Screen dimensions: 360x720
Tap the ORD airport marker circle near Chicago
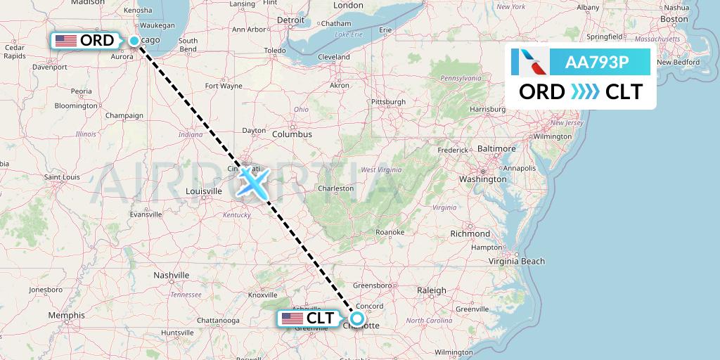[x=134, y=41]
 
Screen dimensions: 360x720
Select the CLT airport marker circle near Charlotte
[x=357, y=319]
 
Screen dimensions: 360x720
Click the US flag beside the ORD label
[x=65, y=41]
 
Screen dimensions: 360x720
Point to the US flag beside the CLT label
[x=292, y=319]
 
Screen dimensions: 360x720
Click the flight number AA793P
[x=597, y=62]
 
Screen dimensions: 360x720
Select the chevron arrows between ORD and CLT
[x=585, y=92]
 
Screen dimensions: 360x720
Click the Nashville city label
[x=172, y=275]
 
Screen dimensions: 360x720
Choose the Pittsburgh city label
[x=389, y=102]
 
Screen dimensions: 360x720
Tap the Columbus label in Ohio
[x=292, y=134]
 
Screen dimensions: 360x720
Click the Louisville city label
[x=204, y=191]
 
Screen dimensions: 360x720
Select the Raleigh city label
[x=431, y=290]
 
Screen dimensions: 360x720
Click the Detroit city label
[x=291, y=20]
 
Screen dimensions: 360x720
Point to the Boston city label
[x=674, y=19]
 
